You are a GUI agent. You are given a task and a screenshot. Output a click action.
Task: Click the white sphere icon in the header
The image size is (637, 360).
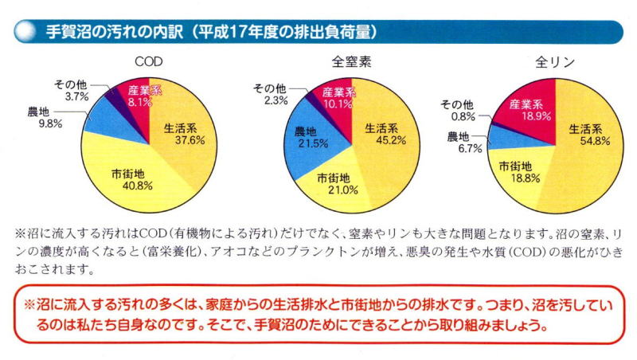pos(23,31)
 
